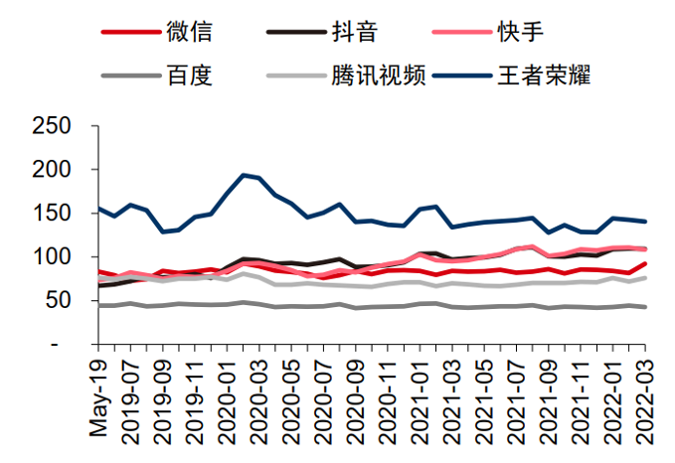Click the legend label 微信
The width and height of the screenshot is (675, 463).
click(x=189, y=31)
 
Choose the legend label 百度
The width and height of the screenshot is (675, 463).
click(x=189, y=75)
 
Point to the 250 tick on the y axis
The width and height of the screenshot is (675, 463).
click(x=51, y=126)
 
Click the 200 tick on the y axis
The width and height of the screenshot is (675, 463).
click(x=51, y=170)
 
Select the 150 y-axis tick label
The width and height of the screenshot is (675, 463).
click(x=51, y=214)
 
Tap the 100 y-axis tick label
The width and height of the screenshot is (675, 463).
click(x=51, y=257)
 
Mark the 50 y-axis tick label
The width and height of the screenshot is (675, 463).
click(x=59, y=300)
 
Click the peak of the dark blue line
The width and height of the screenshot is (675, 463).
click(x=245, y=175)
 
